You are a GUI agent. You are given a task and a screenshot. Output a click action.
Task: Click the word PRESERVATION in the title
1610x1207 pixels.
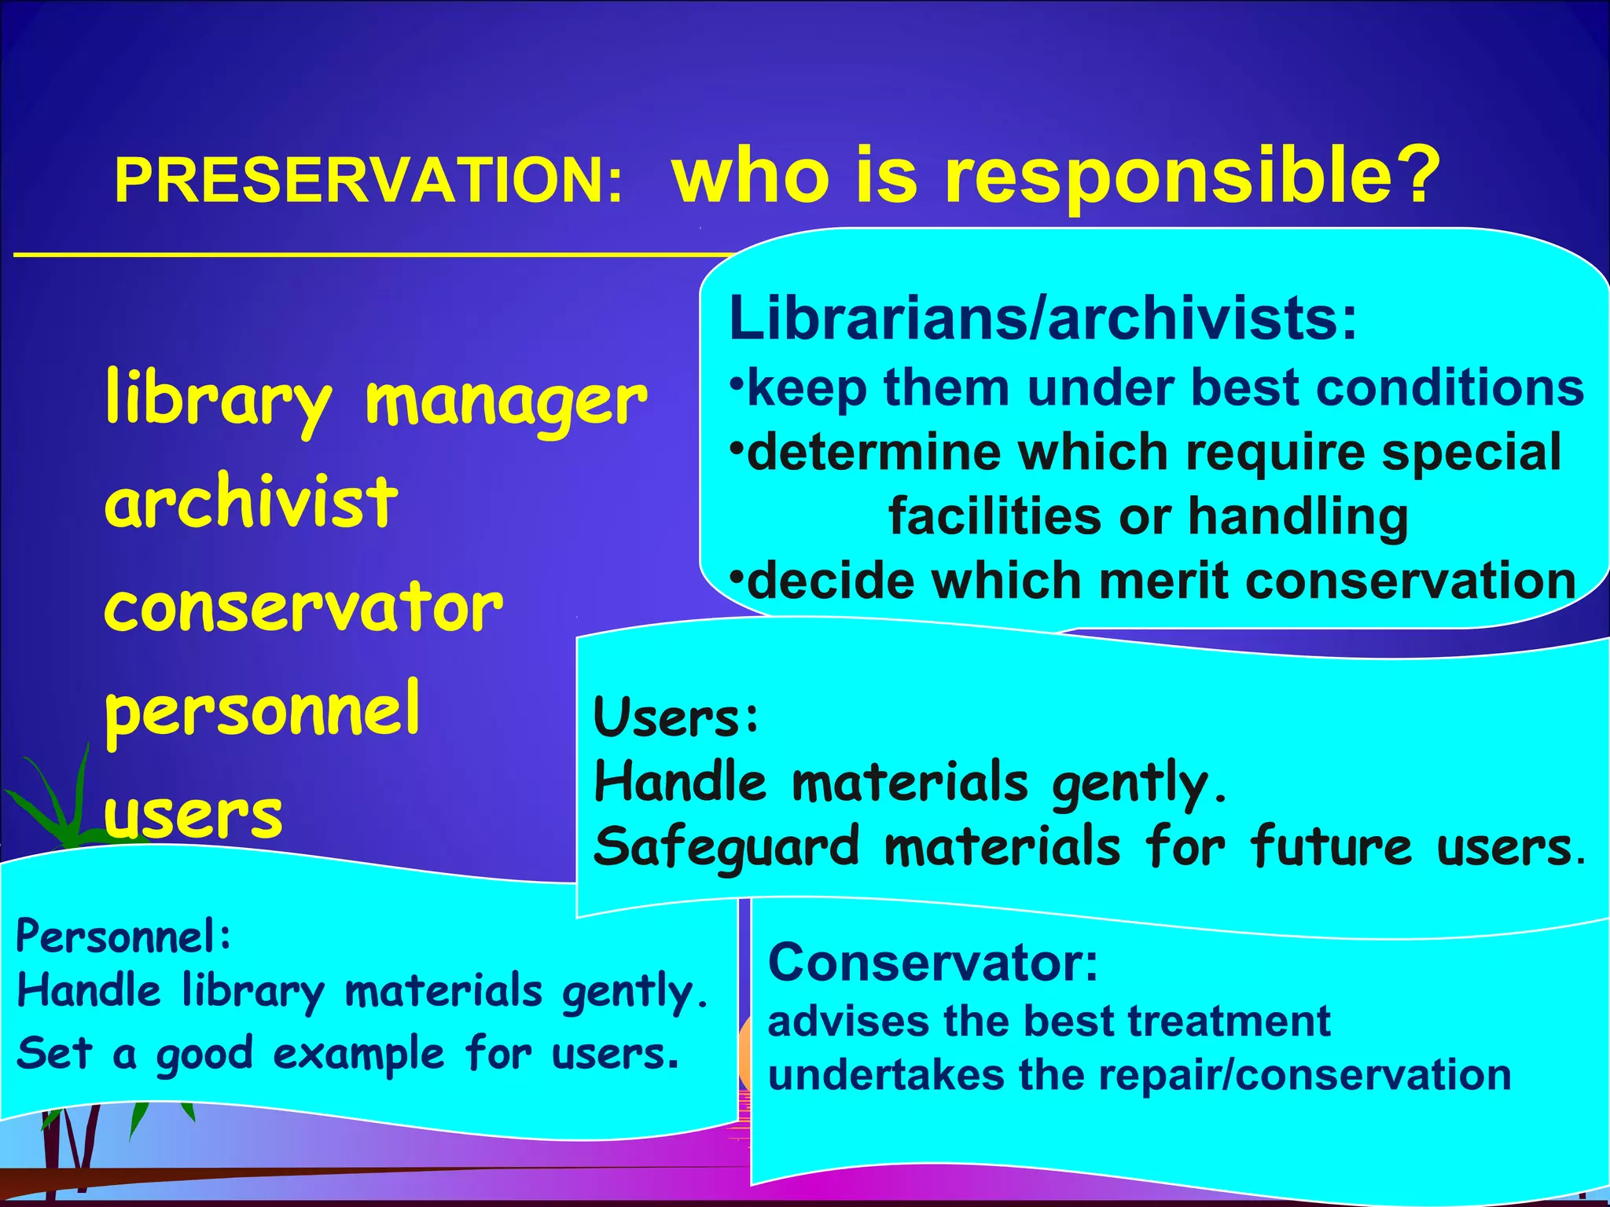point(369,182)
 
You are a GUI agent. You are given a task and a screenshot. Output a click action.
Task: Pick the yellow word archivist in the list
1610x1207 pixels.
point(252,503)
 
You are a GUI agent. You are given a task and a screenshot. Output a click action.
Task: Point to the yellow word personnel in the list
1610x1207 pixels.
point(263,710)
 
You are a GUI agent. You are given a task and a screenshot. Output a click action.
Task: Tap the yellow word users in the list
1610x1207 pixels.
point(193,814)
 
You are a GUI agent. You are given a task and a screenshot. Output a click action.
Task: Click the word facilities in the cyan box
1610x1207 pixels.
point(995,516)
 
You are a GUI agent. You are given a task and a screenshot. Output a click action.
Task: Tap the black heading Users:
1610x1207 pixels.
point(676,717)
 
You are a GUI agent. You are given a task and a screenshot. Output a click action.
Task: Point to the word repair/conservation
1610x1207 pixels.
point(1305,1075)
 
